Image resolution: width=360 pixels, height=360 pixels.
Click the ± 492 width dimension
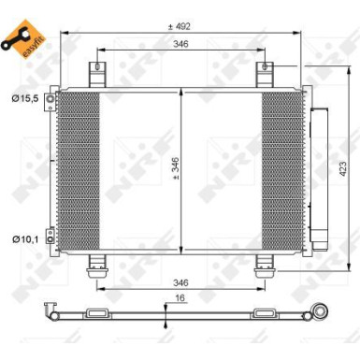pyautogui.click(x=180, y=27)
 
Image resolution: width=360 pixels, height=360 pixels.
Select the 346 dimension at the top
pyautogui.click(x=180, y=44)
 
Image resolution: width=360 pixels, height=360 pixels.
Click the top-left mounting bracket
pyautogui.click(x=96, y=74)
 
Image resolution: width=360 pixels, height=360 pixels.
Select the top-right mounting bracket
pyautogui.click(x=266, y=74)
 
